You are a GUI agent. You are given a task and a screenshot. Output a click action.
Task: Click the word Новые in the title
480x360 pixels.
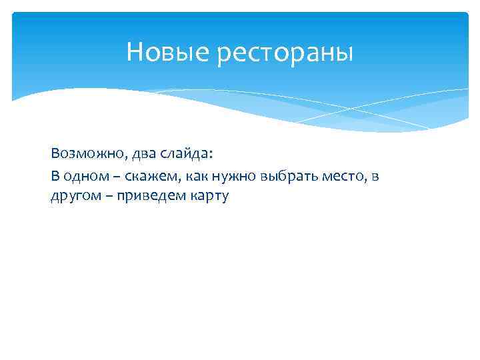pyautogui.click(x=168, y=51)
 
